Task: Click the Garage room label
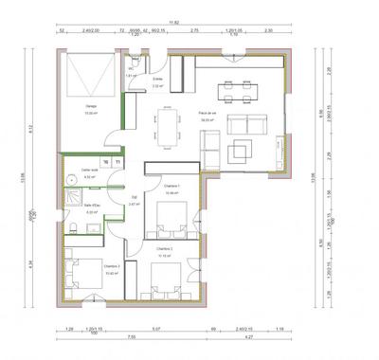(x=91, y=106)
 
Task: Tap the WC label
(x=131, y=68)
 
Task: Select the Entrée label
(x=157, y=81)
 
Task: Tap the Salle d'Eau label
(x=93, y=207)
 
